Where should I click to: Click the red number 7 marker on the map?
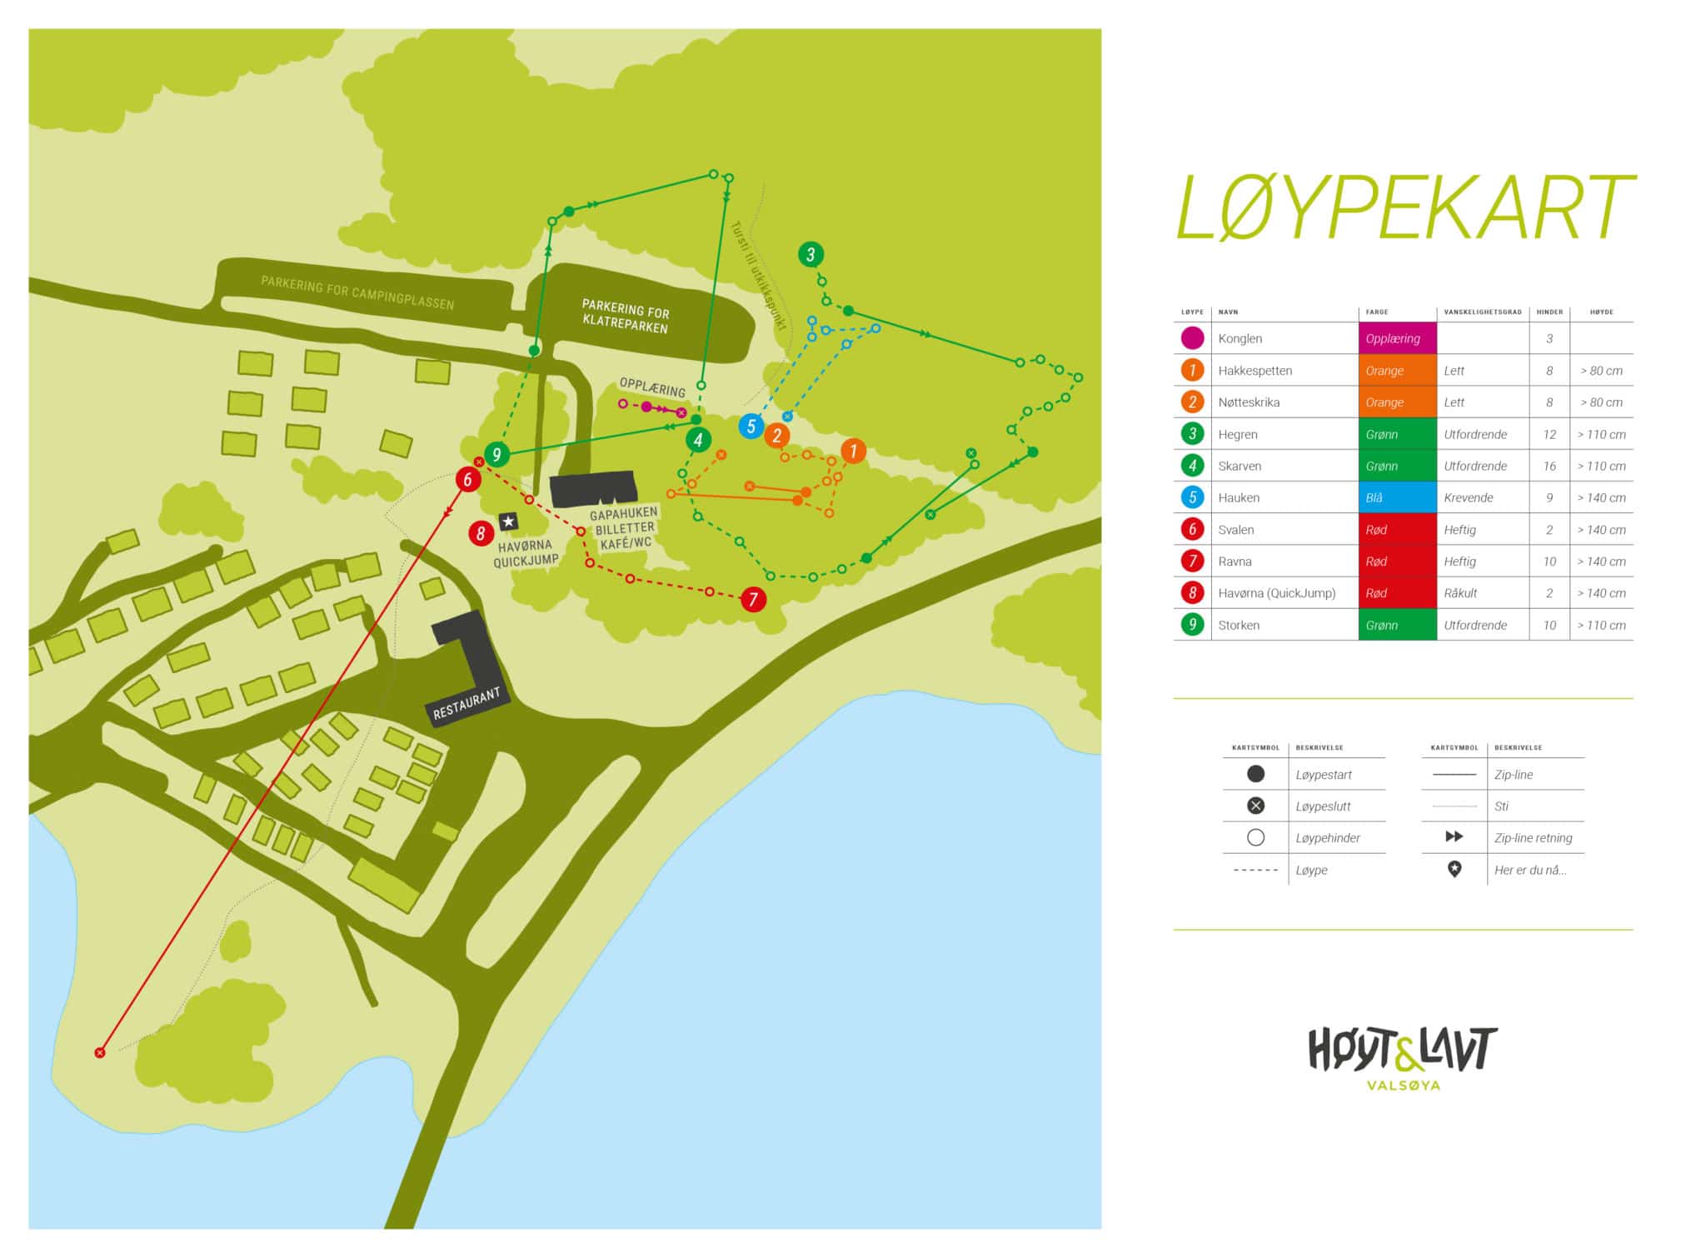753,598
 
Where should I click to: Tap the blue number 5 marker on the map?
751,426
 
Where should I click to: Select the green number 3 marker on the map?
811,254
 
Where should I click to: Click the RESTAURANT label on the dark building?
466,703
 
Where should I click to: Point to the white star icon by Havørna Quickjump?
508,522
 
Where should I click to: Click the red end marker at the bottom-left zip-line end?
100,1053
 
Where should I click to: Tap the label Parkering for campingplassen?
357,292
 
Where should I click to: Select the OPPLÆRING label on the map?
652,387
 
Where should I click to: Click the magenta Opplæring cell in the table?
1397,338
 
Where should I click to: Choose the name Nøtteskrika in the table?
1248,402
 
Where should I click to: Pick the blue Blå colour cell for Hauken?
1397,497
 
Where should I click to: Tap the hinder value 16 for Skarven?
1549,466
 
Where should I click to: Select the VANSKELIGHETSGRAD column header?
1482,312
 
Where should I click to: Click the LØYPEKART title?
1404,207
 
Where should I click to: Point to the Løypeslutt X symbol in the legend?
1255,806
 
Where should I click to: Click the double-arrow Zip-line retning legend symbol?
1454,836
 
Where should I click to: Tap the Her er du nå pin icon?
1454,869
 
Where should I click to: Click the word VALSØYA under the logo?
1403,1086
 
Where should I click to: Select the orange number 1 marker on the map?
852,451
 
